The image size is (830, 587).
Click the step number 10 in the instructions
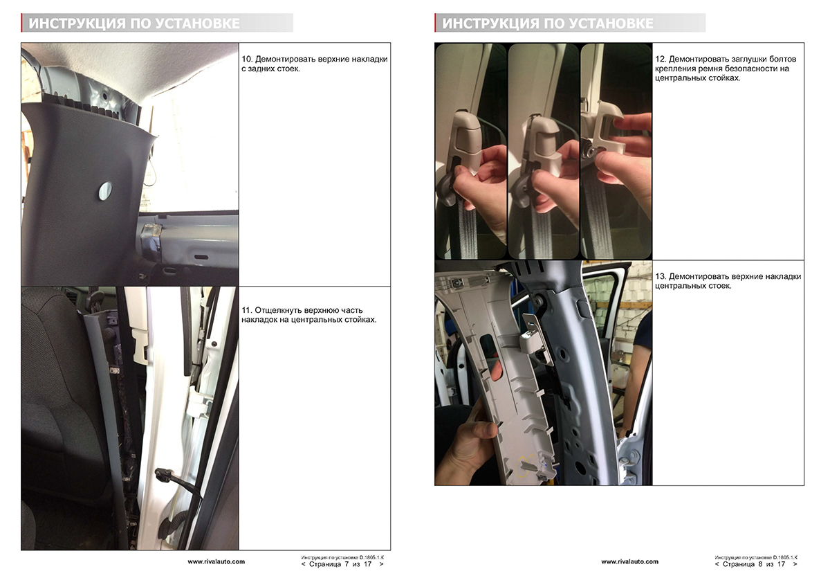point(247,60)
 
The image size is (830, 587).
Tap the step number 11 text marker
point(246,310)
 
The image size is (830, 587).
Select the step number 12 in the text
point(661,60)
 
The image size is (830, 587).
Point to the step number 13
point(661,277)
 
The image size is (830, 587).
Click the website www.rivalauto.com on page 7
point(216,562)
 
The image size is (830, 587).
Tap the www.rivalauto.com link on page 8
point(630,562)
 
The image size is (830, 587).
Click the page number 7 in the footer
point(347,564)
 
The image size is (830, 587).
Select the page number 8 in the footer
point(760,564)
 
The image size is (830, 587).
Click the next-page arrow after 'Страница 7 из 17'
point(382,564)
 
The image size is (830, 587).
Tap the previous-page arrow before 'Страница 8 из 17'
point(717,564)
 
